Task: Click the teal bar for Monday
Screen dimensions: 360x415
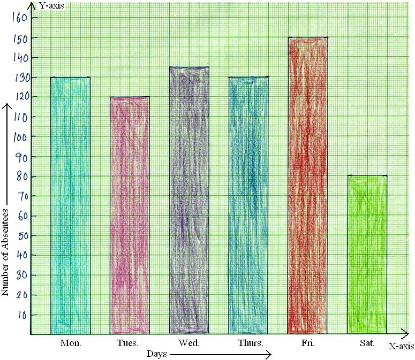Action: [70, 206]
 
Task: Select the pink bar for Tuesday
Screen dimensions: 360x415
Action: [130, 214]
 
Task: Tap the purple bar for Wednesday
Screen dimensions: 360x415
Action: [189, 201]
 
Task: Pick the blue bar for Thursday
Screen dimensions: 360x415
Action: [249, 206]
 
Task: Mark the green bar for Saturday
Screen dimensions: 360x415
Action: [367, 254]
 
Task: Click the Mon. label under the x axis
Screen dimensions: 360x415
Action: [71, 343]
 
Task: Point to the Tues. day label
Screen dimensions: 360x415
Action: [127, 343]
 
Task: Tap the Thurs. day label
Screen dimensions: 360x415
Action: [250, 343]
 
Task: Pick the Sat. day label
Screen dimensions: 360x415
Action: [367, 343]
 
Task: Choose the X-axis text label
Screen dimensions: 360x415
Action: [401, 347]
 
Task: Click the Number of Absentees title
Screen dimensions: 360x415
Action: [6, 251]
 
